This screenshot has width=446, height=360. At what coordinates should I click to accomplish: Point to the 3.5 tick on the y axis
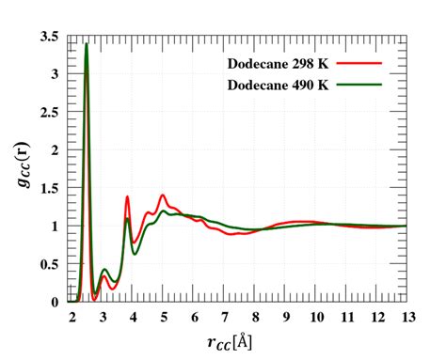pyautogui.click(x=52, y=37)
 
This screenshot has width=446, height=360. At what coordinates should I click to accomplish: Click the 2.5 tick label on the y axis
pyautogui.click(x=52, y=113)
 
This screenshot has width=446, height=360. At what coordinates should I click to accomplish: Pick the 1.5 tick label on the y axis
pyautogui.click(x=52, y=189)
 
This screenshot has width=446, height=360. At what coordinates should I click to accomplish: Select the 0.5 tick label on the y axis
pyautogui.click(x=52, y=264)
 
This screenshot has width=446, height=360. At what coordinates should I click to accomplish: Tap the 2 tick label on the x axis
pyautogui.click(x=72, y=317)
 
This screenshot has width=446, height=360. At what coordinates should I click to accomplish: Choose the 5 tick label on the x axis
pyautogui.click(x=164, y=317)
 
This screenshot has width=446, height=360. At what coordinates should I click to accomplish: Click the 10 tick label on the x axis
pyautogui.click(x=316, y=317)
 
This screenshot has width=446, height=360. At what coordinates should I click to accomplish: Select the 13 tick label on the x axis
pyautogui.click(x=406, y=317)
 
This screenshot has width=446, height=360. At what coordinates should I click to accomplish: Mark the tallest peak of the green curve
pyautogui.click(x=87, y=43)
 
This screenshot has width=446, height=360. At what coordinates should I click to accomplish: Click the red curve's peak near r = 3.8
pyautogui.click(x=127, y=197)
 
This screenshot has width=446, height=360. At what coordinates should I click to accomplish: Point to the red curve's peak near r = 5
pyautogui.click(x=163, y=196)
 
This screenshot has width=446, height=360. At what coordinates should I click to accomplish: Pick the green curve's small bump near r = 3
pyautogui.click(x=104, y=270)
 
